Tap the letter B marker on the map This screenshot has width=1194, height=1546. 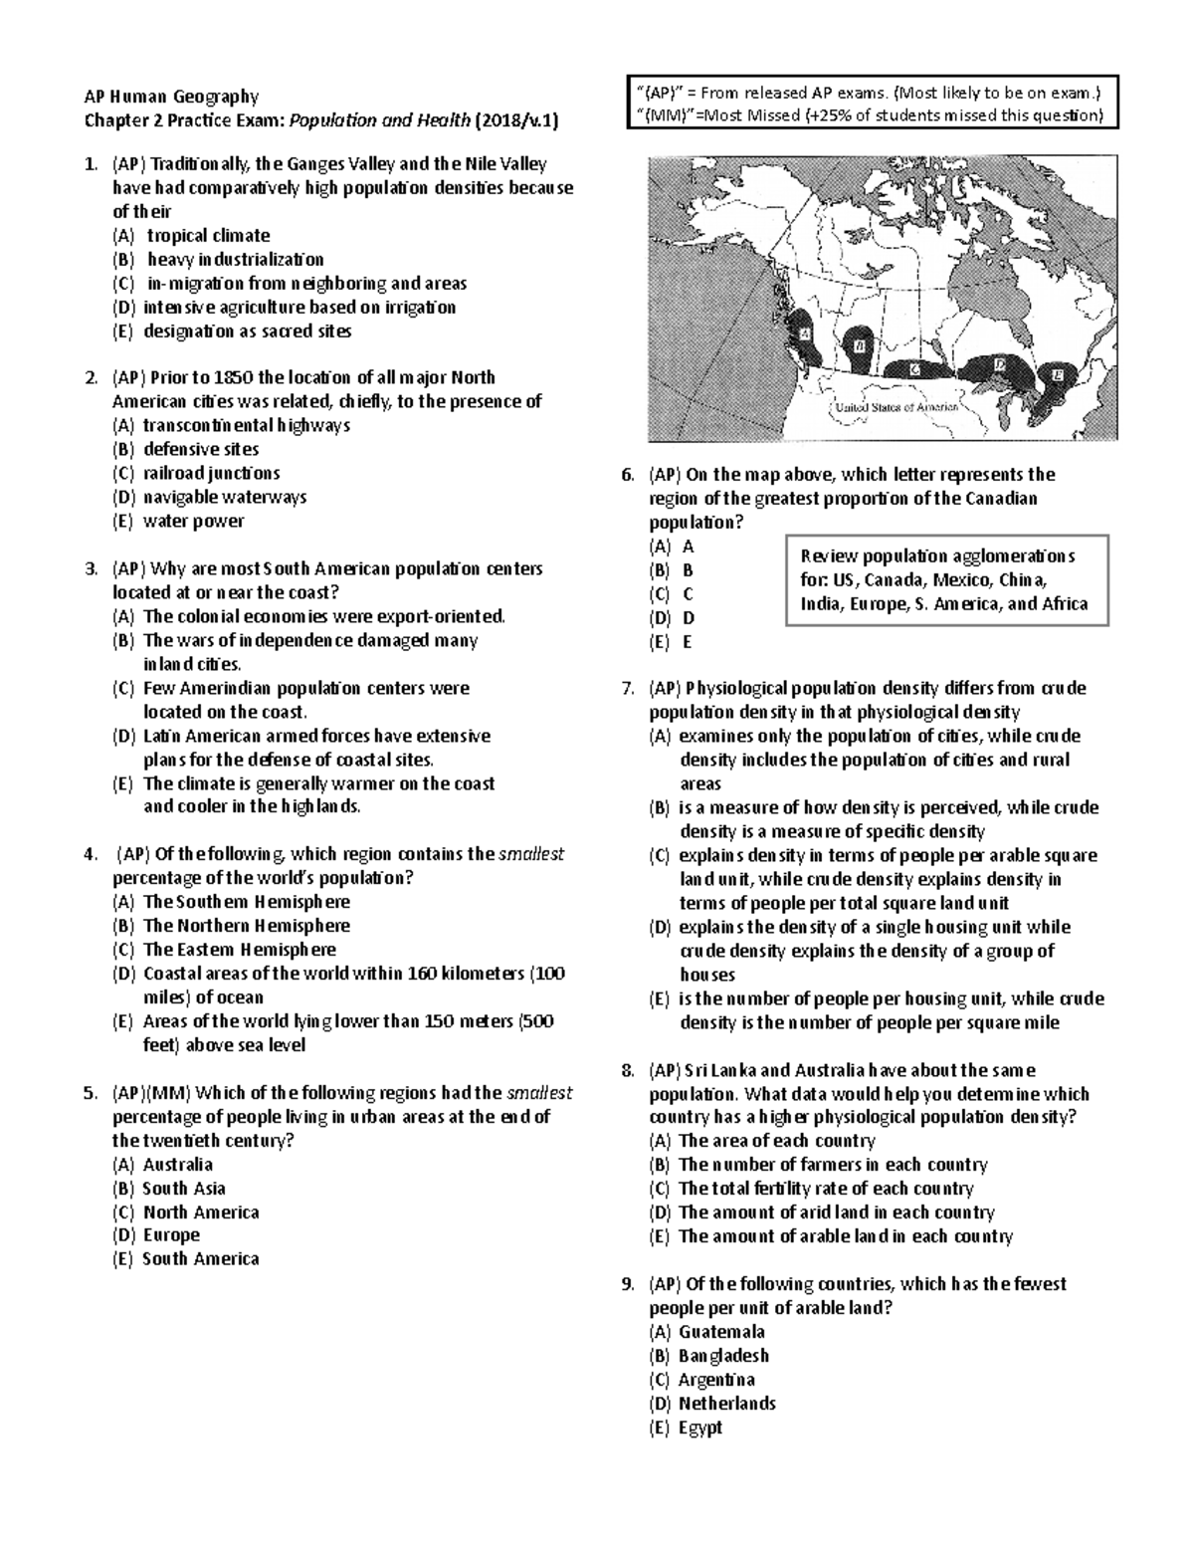tap(859, 346)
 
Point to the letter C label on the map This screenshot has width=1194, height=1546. tap(915, 369)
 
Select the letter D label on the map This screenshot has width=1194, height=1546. tap(998, 366)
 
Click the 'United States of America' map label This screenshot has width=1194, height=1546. tap(895, 407)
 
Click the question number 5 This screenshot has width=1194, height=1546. tap(91, 1093)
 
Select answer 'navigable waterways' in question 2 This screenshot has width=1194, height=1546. tap(224, 497)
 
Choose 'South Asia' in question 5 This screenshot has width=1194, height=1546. tap(183, 1189)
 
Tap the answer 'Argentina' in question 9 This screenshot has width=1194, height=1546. tap(715, 1380)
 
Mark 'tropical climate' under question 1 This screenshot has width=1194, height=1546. tap(208, 236)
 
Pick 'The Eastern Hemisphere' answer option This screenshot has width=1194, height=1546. tap(239, 950)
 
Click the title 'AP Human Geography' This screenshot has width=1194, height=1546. tap(171, 97)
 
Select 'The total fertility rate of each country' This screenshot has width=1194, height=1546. tap(825, 1189)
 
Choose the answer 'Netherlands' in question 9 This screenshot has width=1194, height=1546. tap(726, 1404)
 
